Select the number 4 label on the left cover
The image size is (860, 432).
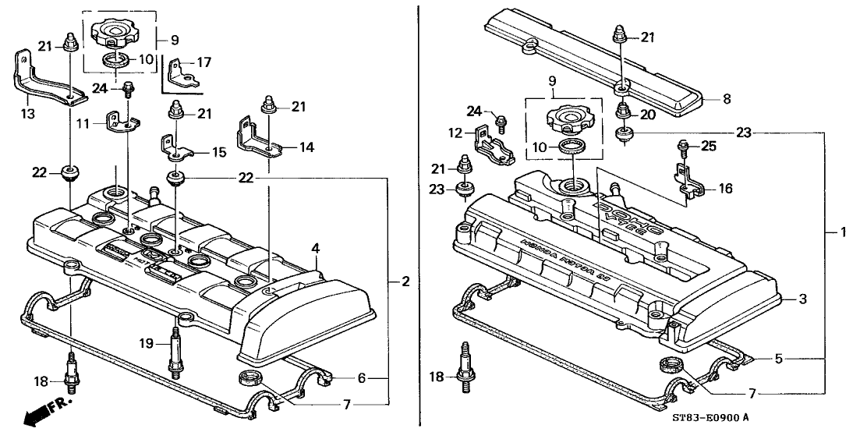point(316,249)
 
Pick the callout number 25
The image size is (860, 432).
point(730,145)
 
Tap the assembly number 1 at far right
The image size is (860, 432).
point(842,232)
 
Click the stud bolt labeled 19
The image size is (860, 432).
point(175,356)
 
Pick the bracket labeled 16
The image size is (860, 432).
point(685,179)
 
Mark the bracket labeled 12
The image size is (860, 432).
point(492,148)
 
